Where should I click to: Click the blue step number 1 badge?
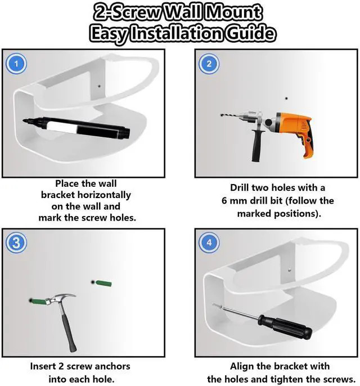(x=16, y=64)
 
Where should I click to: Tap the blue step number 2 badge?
(x=209, y=64)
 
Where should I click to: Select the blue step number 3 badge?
(x=16, y=243)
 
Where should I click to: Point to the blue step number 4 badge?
(x=209, y=243)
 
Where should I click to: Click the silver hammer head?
(x=60, y=298)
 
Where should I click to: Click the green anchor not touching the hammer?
(x=103, y=283)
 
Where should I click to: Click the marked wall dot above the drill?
(x=286, y=98)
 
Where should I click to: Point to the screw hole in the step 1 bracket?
(x=99, y=86)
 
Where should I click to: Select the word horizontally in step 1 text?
(x=104, y=195)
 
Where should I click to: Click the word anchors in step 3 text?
(x=112, y=366)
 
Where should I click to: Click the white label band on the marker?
(x=62, y=127)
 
